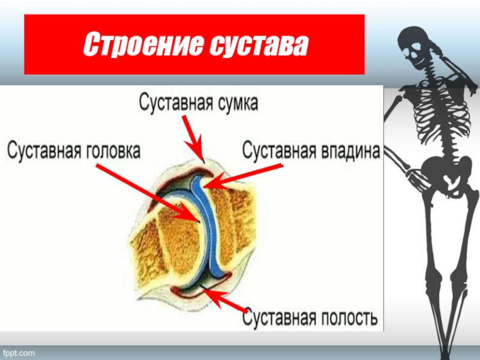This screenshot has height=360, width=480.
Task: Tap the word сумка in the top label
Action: [x=236, y=103]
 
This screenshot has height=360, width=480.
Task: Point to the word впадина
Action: [x=348, y=151]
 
